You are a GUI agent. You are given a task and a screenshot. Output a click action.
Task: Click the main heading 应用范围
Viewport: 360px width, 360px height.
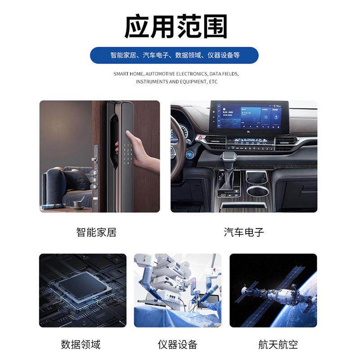click(x=175, y=26)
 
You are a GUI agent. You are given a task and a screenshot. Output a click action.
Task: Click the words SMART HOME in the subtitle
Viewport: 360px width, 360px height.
click(x=128, y=73)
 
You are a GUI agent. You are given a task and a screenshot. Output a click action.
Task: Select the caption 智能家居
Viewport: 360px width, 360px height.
click(x=96, y=233)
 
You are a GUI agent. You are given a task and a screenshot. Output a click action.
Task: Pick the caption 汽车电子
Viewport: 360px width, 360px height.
click(x=244, y=233)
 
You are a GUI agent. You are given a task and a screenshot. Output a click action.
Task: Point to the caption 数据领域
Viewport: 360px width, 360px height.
click(x=81, y=345)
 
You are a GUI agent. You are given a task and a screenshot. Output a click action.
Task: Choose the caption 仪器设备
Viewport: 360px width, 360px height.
click(x=177, y=345)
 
